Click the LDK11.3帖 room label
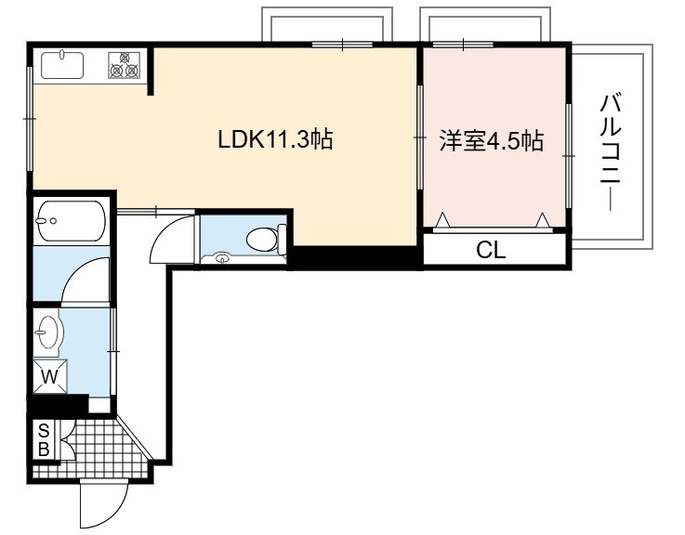coord(275,139)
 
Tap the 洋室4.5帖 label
coord(492,140)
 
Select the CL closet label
coord(491,250)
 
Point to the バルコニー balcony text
coord(611,152)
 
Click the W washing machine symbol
coord(50,376)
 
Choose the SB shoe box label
coord(44,439)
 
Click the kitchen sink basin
coord(62,66)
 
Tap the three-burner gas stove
coord(125,65)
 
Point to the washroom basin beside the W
coord(49,332)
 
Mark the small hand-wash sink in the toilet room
coord(223,258)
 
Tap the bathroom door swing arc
coord(75,270)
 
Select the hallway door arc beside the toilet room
coord(163,228)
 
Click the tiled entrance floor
coord(94,454)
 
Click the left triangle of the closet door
coord(443,220)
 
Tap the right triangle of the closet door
coord(543,220)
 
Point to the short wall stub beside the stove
coord(151,70)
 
